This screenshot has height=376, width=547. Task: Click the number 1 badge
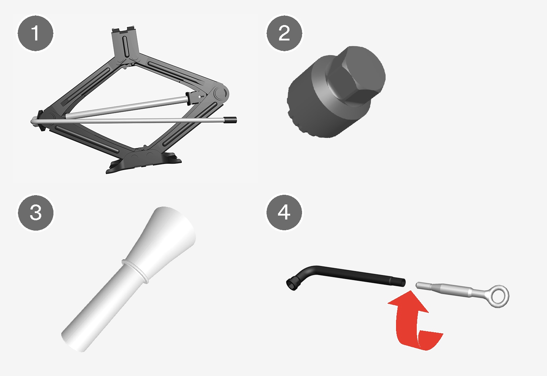[36, 33]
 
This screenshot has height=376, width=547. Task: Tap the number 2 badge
[284, 33]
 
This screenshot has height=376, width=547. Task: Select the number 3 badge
[36, 213]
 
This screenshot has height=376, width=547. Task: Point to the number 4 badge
[284, 212]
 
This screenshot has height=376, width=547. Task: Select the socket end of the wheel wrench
[292, 284]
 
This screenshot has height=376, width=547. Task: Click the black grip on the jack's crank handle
[231, 120]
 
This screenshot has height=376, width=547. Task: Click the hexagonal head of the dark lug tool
[355, 74]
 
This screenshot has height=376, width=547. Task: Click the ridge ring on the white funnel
[136, 271]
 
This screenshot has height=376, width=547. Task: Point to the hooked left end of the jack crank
[34, 121]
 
